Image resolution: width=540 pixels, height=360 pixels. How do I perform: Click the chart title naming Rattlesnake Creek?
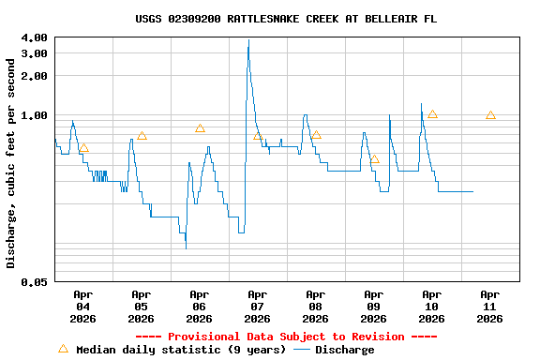pos(285,19)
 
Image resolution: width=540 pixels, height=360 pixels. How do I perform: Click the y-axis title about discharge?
pos(11,163)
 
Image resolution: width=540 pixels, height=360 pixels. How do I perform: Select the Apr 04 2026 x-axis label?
pos(82,307)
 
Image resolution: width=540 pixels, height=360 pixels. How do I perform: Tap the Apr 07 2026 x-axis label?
pos(257,307)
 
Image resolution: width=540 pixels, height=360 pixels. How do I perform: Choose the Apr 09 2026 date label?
pos(373,307)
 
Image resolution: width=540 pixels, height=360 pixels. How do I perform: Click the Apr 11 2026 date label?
pos(489,307)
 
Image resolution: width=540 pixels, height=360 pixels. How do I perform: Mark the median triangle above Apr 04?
pos(83,147)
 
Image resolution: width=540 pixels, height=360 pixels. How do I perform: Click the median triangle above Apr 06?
pos(200,128)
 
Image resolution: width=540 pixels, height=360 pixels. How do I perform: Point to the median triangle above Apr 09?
pos(374,159)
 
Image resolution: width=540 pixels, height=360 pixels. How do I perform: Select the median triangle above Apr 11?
pos(490,115)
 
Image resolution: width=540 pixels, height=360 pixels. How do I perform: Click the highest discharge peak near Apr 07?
pos(248,41)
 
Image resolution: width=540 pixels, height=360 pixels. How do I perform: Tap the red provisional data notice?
pos(286,337)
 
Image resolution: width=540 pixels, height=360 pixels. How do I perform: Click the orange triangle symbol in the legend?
pos(63,349)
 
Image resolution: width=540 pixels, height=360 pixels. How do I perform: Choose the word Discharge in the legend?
pos(344,350)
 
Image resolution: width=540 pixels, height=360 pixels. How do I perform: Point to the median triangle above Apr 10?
pos(432,113)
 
